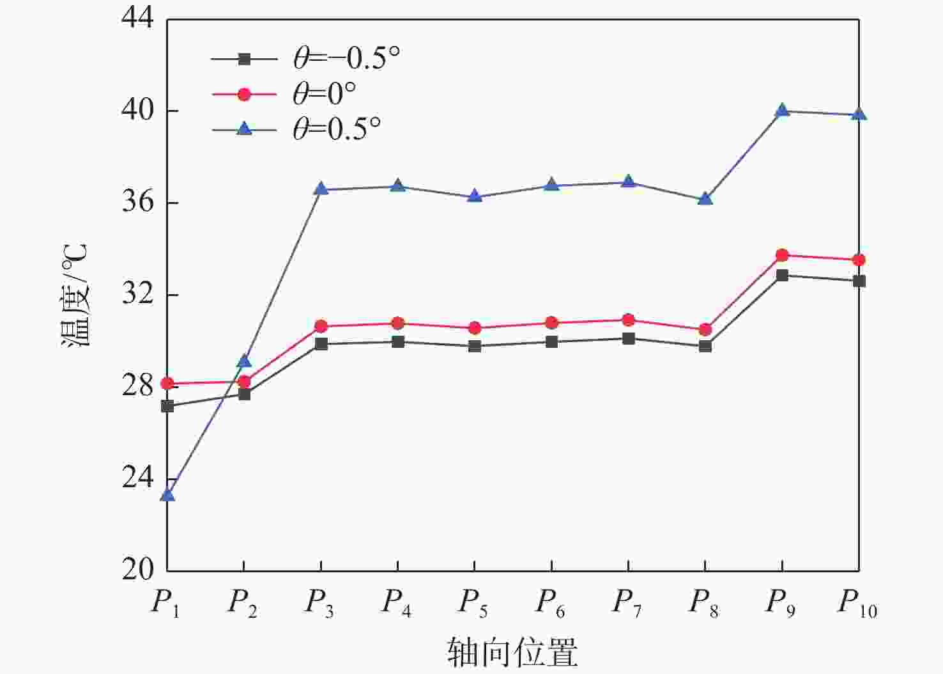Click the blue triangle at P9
(x=782, y=111)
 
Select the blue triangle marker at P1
(x=167, y=494)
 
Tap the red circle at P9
(x=782, y=255)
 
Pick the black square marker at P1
(x=167, y=406)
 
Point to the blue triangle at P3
(x=321, y=189)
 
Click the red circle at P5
(x=475, y=328)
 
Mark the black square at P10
(x=859, y=281)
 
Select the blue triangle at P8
(x=705, y=198)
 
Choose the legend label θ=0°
(x=325, y=94)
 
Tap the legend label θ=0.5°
(x=337, y=129)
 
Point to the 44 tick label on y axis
(x=138, y=19)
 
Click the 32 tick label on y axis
(x=138, y=294)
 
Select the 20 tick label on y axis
(x=138, y=570)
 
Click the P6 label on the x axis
(x=550, y=602)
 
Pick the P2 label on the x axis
(x=243, y=602)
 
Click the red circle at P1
(x=167, y=384)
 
